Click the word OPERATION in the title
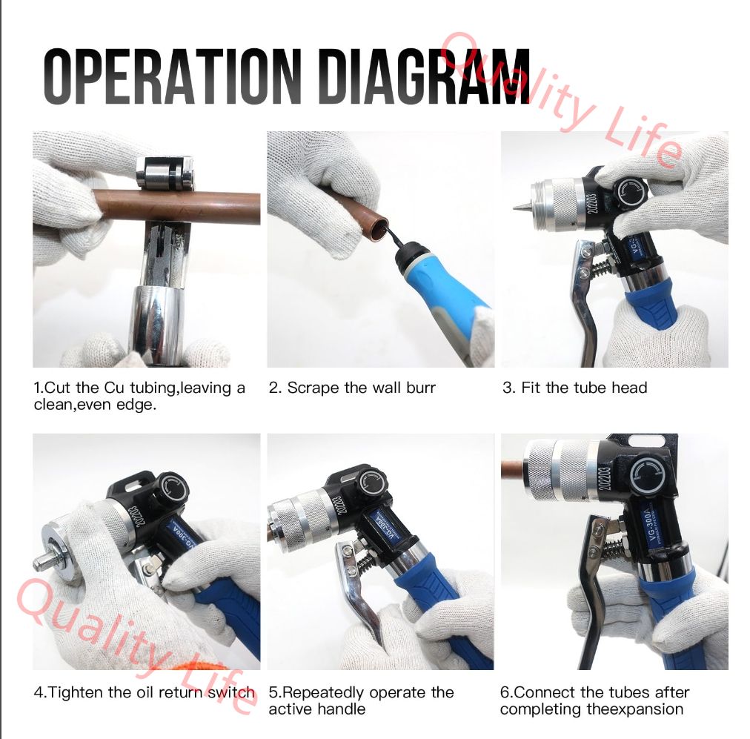tap(172, 76)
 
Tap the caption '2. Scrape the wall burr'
tap(352, 388)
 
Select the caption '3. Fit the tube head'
tap(575, 388)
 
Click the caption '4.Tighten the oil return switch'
tap(145, 692)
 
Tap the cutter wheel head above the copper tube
tap(165, 173)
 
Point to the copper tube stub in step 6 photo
tap(514, 468)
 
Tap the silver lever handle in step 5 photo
tap(359, 593)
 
